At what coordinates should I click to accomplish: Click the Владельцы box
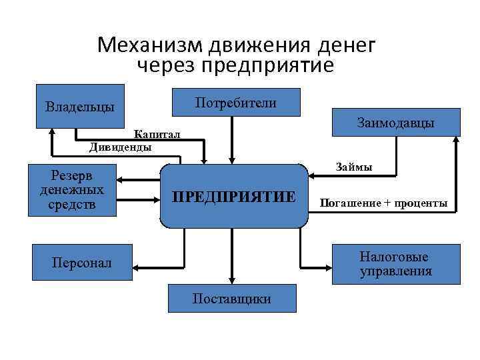[x=80, y=105]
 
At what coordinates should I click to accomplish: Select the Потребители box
[x=236, y=102]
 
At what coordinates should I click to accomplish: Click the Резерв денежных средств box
[x=72, y=190]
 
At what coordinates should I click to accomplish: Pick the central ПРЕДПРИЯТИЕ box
[x=233, y=197]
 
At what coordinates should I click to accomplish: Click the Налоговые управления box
[x=395, y=264]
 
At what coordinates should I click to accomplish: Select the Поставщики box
[x=231, y=299]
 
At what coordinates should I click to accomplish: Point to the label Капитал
[x=157, y=135]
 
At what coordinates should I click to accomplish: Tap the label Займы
[x=355, y=167]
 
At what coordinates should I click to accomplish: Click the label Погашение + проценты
[x=383, y=203]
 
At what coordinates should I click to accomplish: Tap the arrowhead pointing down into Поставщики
[x=231, y=281]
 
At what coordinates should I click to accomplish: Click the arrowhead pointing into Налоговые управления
[x=328, y=266]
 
